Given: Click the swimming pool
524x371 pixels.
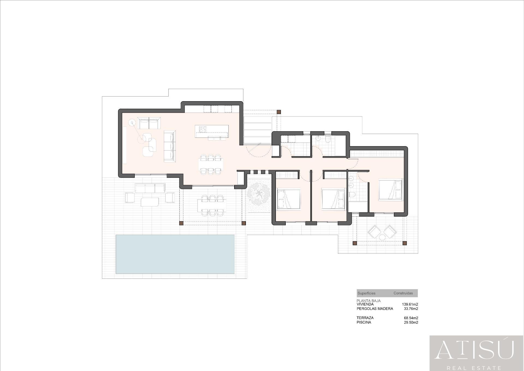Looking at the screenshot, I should tap(175, 254).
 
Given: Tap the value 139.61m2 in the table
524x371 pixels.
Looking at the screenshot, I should tap(410, 304).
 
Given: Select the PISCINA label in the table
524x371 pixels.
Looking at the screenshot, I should tap(364, 322).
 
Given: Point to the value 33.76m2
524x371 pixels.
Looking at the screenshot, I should tap(411, 309).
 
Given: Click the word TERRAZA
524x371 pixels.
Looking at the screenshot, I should tap(365, 318).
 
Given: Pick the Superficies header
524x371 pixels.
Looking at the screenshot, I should tap(366, 293).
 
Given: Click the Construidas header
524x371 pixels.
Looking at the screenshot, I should tap(403, 293).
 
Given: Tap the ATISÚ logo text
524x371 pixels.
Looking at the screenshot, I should tap(474, 350).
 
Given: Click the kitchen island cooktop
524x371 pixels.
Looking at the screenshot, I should tap(203, 129).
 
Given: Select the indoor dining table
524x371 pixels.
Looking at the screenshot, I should tap(211, 165).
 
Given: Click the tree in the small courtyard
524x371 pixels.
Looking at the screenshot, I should tap(258, 195).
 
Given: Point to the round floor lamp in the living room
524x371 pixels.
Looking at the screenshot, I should tap(132, 123).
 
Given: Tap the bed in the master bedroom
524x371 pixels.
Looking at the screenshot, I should tap(391, 189).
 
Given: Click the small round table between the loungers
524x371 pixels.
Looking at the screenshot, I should tap(382, 237).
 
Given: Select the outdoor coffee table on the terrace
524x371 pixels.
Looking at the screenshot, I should tap(150, 202).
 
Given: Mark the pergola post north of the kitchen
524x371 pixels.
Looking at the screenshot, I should tap(279, 112).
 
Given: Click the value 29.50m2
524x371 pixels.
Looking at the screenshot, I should tap(411, 322).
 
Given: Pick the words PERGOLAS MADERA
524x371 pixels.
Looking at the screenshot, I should tap(375, 309).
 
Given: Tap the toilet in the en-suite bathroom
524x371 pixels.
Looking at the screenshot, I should tap(352, 195).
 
